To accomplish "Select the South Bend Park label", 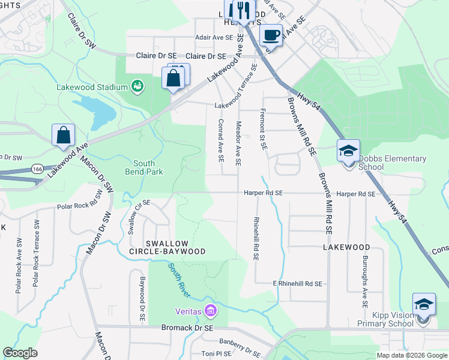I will [x=144, y=167].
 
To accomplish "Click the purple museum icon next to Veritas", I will [x=210, y=311].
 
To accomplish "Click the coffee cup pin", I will [x=271, y=35].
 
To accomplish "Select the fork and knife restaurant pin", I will [x=243, y=11].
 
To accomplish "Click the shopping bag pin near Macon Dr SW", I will [x=64, y=136].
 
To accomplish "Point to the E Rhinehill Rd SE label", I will [x=298, y=283].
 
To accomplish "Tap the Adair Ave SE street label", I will [x=213, y=37].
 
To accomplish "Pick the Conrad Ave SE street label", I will [x=221, y=141].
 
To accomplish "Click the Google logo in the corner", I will [x=20, y=353].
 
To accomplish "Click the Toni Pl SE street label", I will [x=216, y=354].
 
